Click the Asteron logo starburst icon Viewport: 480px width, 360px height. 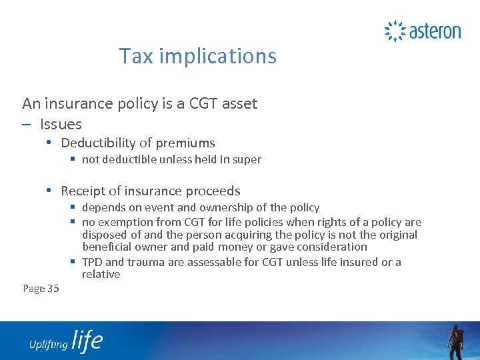(395, 31)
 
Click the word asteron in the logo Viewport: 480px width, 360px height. (434, 31)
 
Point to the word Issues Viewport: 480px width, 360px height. (61, 124)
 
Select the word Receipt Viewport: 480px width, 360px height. (83, 191)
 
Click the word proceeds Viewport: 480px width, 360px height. (215, 191)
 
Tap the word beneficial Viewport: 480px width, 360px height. (107, 247)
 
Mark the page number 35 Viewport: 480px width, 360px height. (53, 288)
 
